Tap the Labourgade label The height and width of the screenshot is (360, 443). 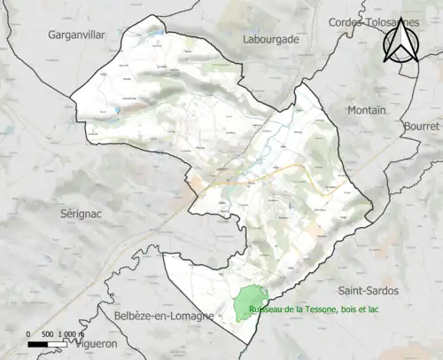pyautogui.click(x=272, y=39)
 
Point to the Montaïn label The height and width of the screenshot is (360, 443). pyautogui.click(x=365, y=110)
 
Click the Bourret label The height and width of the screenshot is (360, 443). pyautogui.click(x=420, y=127)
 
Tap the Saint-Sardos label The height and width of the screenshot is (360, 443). pyautogui.click(x=369, y=290)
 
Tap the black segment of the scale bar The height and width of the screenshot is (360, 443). pyautogui.click(x=39, y=344)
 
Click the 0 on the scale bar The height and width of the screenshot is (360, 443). pyautogui.click(x=28, y=333)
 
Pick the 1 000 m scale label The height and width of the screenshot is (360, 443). pyautogui.click(x=81, y=333)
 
